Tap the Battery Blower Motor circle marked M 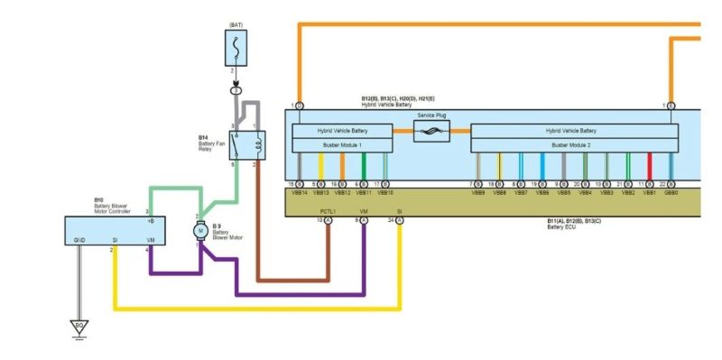click(x=200, y=231)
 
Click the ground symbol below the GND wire click(x=80, y=326)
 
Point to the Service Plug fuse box click(x=431, y=131)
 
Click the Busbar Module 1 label click(x=341, y=144)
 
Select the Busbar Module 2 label click(x=574, y=144)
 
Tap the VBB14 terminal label click(x=299, y=192)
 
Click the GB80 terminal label click(x=671, y=192)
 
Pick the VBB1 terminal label click(x=649, y=192)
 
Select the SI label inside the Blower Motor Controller click(x=115, y=239)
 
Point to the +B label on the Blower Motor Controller click(x=151, y=220)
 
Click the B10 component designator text click(x=98, y=200)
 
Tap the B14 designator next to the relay click(x=204, y=137)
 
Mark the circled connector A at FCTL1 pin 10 click(x=329, y=219)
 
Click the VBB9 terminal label click(x=477, y=192)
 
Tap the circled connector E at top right click(x=671, y=106)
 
